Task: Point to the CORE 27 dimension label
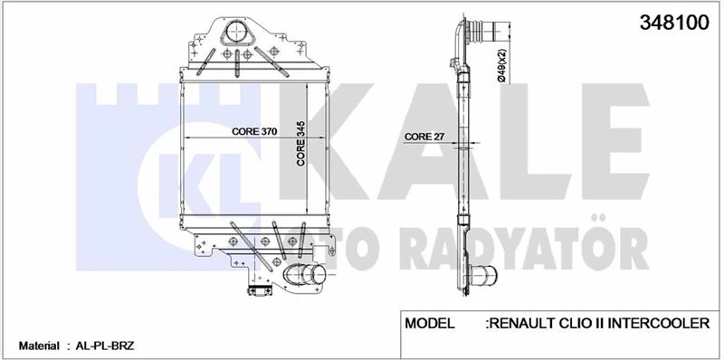point(424,137)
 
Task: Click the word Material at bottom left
point(39,346)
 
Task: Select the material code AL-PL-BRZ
point(102,346)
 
